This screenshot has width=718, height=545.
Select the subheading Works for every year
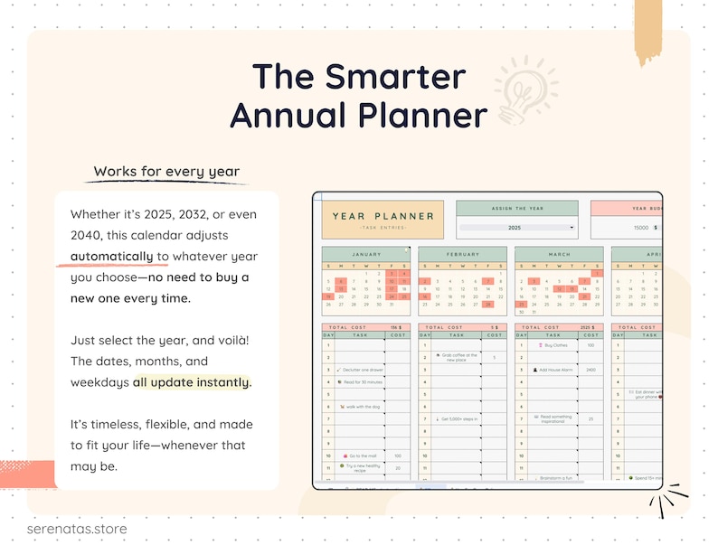click(x=166, y=172)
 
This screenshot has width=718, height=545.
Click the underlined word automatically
click(x=112, y=255)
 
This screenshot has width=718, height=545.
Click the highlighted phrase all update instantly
click(x=192, y=381)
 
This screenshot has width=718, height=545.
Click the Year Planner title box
click(x=383, y=218)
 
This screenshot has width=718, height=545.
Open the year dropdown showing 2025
click(x=516, y=228)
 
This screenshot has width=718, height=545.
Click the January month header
click(x=366, y=255)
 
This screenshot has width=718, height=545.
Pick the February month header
click(x=462, y=255)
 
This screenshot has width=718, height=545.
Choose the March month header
click(x=558, y=255)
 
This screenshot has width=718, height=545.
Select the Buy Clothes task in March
click(x=553, y=345)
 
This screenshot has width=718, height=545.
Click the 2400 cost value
click(x=590, y=370)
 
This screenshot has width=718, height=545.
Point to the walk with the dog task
click(x=360, y=406)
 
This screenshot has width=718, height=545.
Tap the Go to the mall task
click(x=362, y=456)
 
